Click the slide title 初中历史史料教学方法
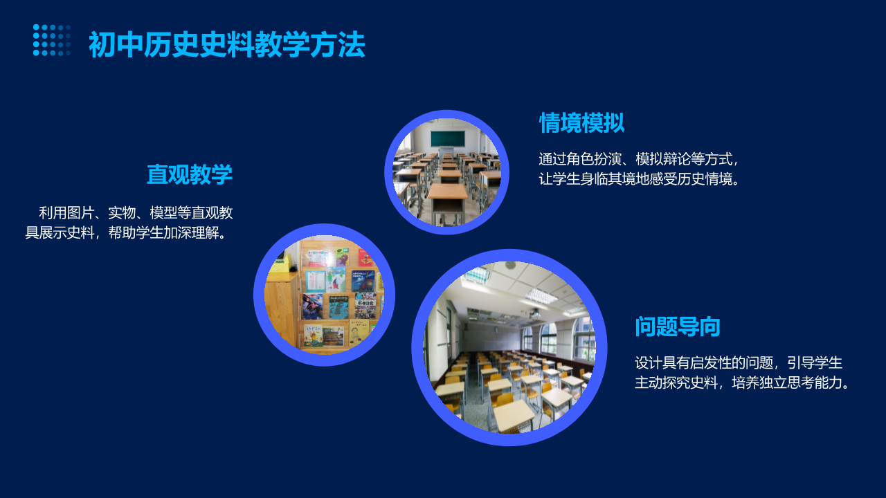226,45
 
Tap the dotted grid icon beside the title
52,40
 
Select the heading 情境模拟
582,122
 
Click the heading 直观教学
190,174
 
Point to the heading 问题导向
678,326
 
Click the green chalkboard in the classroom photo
447,139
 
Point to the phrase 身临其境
608,179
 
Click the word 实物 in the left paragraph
122,212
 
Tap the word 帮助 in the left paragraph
122,233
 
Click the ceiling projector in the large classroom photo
534,314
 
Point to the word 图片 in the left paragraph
80,212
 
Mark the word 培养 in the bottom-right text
745,382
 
